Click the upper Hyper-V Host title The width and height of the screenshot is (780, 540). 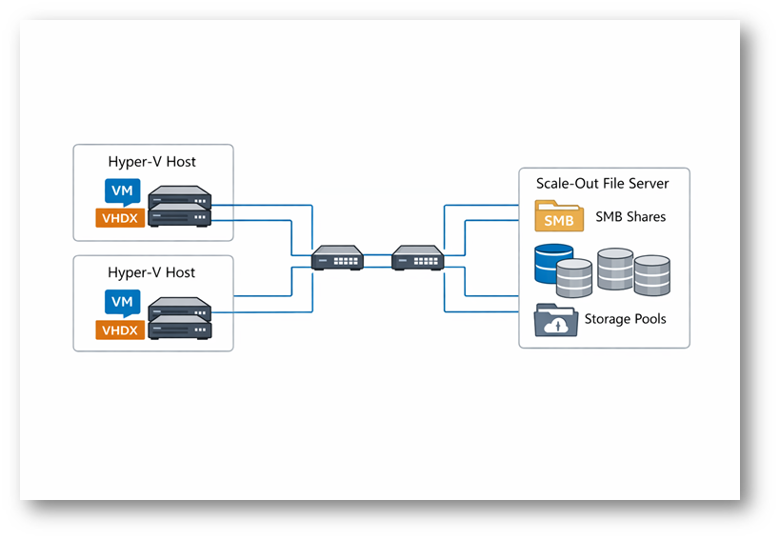(152, 162)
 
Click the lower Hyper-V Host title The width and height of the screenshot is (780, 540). (152, 272)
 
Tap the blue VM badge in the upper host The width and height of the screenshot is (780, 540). (122, 190)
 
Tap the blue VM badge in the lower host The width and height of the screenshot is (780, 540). (122, 302)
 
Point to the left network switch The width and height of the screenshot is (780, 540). (338, 257)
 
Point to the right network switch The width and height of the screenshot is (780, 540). (417, 257)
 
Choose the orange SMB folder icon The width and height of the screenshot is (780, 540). (559, 217)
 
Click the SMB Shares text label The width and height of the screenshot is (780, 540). (630, 217)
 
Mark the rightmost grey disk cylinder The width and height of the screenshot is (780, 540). (652, 274)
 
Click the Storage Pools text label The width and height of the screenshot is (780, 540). (625, 319)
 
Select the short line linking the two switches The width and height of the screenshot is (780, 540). (378, 256)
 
